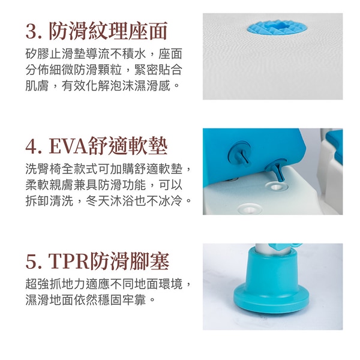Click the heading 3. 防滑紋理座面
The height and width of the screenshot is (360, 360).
[96, 31]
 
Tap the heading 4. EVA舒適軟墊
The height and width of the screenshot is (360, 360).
[96, 146]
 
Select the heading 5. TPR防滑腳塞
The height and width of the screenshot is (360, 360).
[97, 261]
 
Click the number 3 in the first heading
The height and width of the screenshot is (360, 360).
[31, 32]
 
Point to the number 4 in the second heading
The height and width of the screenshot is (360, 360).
[31, 147]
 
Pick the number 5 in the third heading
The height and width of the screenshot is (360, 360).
[31, 262]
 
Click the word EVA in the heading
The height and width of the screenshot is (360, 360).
[68, 147]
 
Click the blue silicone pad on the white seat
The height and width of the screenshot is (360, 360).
[277, 27]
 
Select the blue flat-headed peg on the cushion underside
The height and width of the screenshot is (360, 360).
[239, 154]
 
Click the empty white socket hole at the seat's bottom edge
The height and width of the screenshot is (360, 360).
[250, 209]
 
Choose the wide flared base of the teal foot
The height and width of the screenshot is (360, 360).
[271, 298]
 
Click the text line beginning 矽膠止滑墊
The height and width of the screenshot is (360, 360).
[104, 54]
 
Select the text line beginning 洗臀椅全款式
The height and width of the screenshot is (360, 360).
[109, 169]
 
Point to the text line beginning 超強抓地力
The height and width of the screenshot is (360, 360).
[109, 284]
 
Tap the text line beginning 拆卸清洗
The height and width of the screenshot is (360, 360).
[109, 201]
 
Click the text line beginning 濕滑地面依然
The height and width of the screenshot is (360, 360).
[91, 299]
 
